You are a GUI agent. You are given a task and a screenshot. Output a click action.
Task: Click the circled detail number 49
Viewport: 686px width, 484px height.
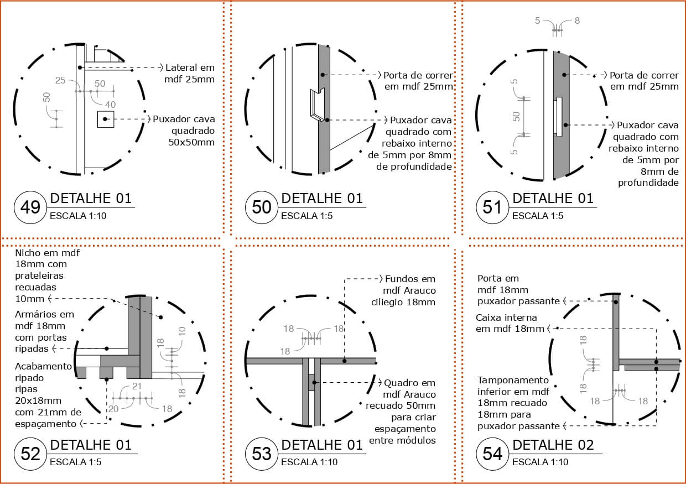coord(30,207)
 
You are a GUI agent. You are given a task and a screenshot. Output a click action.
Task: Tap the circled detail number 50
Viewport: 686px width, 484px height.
coord(262,207)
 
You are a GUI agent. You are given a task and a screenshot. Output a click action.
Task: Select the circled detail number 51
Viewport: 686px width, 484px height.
coord(492,207)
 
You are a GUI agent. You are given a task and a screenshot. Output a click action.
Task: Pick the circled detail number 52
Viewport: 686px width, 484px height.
coord(30,454)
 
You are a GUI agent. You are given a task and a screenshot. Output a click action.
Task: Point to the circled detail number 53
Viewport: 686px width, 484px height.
coord(262,454)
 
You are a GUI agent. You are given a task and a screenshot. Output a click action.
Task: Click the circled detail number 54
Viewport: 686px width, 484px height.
coord(492,454)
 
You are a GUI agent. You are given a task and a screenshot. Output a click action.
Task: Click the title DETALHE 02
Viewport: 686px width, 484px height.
coord(553,445)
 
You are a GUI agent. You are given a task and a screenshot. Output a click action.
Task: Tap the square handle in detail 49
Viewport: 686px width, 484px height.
coord(106,119)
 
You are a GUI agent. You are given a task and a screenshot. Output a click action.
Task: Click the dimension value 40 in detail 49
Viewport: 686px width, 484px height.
coord(110,105)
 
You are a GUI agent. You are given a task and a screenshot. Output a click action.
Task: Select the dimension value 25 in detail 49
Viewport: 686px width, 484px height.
coord(60,81)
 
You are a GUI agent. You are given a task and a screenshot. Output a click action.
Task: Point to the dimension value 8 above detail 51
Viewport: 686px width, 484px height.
coord(577,21)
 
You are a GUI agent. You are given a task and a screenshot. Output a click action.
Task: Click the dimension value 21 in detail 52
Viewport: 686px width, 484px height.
coord(137,386)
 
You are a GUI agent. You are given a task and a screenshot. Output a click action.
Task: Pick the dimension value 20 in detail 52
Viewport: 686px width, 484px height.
coord(113,409)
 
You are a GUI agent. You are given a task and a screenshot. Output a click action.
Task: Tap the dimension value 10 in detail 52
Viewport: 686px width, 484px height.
coord(182,331)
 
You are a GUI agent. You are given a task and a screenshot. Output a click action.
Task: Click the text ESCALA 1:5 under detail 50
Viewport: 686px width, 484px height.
coord(307,216)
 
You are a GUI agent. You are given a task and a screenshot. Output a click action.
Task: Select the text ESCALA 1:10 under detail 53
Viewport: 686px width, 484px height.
coord(309,462)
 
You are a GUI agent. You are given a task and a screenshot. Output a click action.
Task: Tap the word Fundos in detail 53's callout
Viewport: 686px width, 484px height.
coord(402,279)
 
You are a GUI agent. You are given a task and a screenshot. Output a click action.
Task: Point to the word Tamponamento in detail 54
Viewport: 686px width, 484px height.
coord(513,380)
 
